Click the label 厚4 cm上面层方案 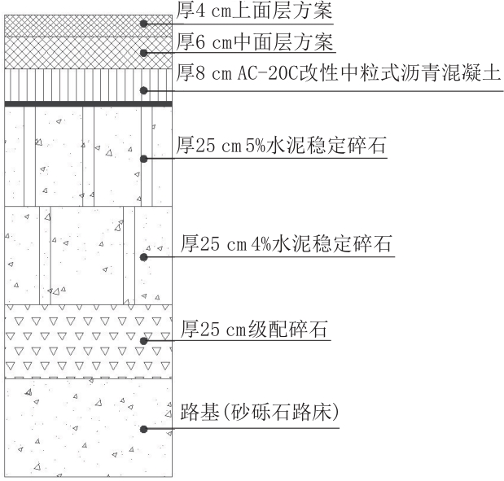[254, 11]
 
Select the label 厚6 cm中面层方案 [254, 42]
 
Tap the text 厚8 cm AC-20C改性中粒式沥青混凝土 [338, 73]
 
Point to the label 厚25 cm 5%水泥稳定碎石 [281, 145]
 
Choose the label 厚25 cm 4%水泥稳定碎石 [286, 243]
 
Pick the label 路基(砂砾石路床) [260, 412]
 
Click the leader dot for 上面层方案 [143, 24]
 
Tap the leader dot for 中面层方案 [143, 53]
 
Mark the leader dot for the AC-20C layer [143, 90]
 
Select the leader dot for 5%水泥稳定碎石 [143, 159]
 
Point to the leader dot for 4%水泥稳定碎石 [143, 257]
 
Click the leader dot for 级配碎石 [143, 341]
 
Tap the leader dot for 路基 [143, 429]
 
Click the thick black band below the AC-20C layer [89, 103]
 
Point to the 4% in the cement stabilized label [261, 244]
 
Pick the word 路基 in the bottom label [199, 412]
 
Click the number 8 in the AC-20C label [200, 74]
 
